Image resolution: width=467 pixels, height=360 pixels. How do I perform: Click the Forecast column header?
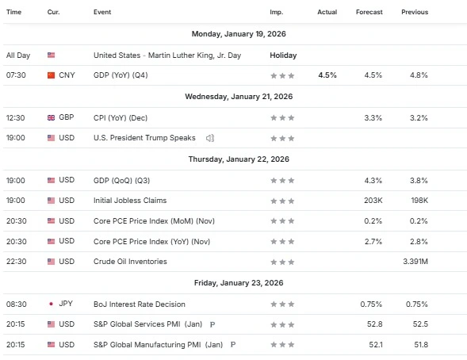[x=369, y=12]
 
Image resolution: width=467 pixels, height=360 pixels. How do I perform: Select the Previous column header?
[x=415, y=12]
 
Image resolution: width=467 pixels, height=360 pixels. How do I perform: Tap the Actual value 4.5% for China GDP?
[x=327, y=75]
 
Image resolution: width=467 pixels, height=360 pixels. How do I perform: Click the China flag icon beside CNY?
[x=52, y=75]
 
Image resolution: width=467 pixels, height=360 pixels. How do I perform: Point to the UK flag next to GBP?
[x=52, y=117]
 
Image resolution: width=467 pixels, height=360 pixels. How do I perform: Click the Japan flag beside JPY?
[x=52, y=304]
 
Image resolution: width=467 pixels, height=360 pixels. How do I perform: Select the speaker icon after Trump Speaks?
[x=210, y=138]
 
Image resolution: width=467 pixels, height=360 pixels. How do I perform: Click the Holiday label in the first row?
[x=283, y=56]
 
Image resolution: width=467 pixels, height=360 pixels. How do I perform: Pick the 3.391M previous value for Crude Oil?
[x=415, y=262]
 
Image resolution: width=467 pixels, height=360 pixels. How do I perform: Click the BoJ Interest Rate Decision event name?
[x=139, y=304]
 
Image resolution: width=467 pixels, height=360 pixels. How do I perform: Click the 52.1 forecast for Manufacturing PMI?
[x=374, y=345]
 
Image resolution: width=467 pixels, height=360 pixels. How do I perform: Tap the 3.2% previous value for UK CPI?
[x=419, y=117]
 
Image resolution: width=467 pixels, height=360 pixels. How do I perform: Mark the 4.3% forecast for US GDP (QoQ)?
[x=373, y=180]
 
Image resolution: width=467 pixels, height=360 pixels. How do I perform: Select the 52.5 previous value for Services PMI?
[x=419, y=324]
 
